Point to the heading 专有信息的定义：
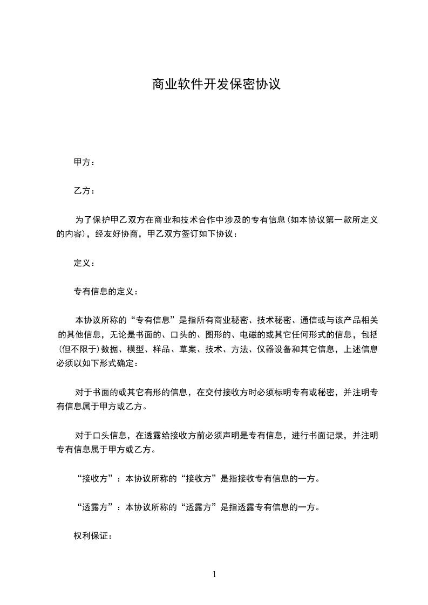pyautogui.click(x=106, y=292)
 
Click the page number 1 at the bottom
pyautogui.click(x=214, y=574)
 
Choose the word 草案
pyautogui.click(x=195, y=349)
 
